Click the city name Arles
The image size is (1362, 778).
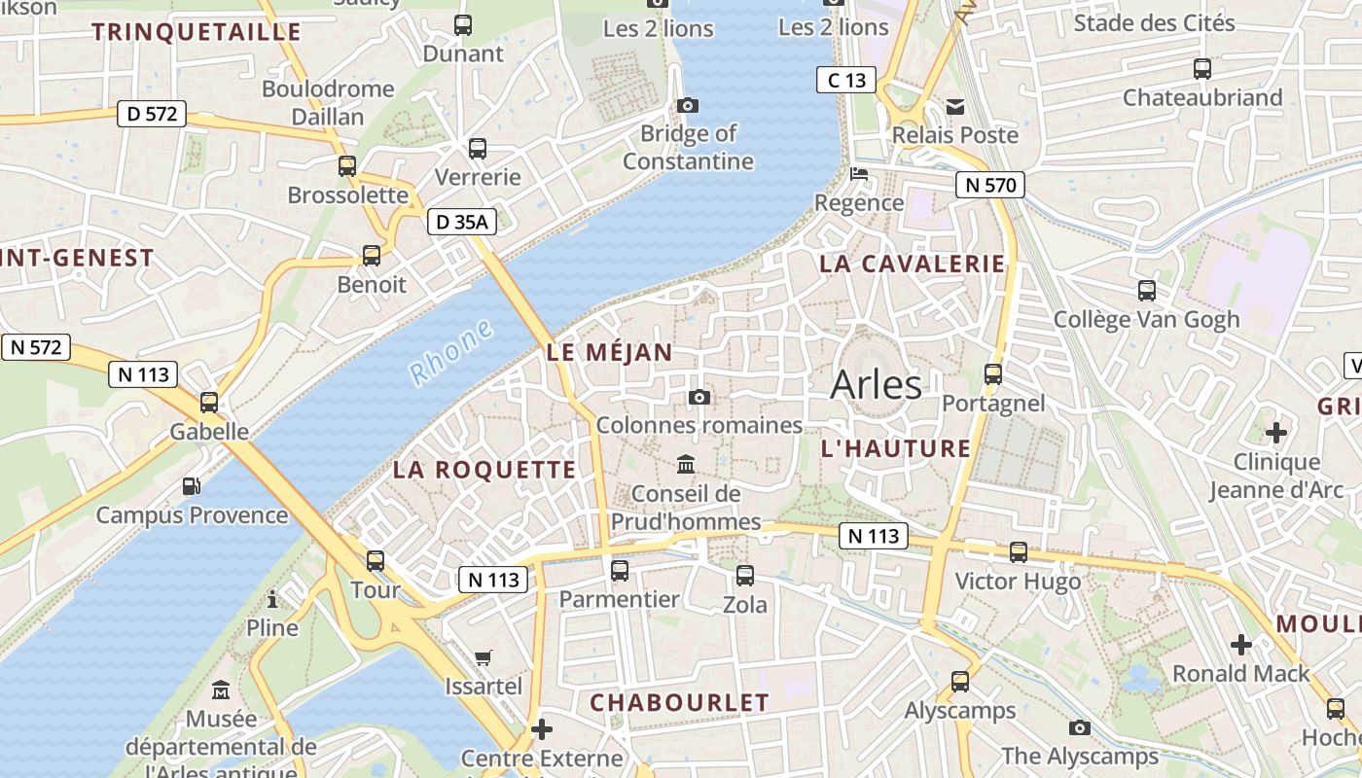point(876,385)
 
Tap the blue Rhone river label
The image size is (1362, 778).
point(450,353)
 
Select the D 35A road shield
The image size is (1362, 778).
point(461,222)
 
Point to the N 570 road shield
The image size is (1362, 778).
point(989,185)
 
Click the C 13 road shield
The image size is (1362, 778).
point(845,80)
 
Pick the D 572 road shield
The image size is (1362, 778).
point(152,114)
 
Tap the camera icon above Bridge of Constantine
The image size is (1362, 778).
point(688,105)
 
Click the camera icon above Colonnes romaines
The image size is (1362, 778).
point(699,397)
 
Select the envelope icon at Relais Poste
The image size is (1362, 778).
point(954,106)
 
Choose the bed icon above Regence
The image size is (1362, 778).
point(859,174)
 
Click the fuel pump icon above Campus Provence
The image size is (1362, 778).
point(192,485)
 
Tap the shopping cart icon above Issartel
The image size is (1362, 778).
point(484,657)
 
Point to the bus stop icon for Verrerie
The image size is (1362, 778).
point(477,149)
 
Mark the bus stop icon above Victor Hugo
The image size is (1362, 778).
point(1018,552)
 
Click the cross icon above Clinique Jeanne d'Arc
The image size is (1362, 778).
point(1276,432)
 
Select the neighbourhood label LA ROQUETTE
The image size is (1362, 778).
point(484,470)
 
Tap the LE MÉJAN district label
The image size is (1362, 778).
point(610,353)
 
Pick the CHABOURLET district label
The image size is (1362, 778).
point(679,702)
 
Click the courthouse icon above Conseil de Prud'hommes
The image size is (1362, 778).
point(686,465)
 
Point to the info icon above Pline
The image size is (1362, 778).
point(272,598)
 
